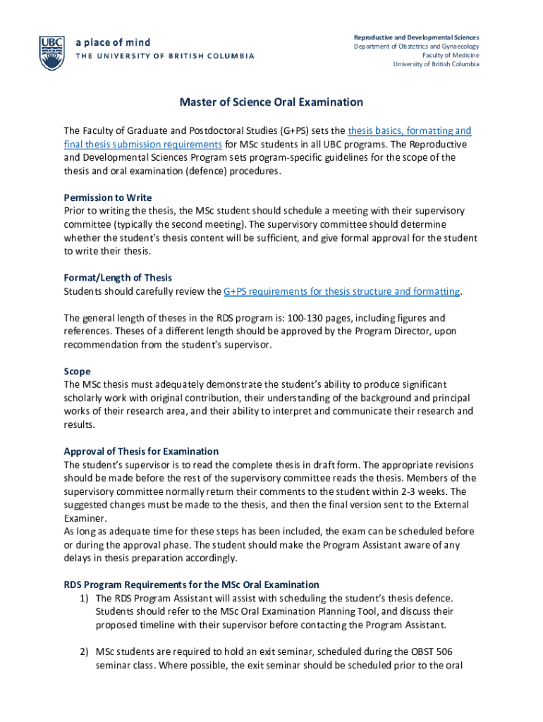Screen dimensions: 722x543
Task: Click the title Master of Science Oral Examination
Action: [271, 102]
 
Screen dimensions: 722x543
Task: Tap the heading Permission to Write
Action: [107, 197]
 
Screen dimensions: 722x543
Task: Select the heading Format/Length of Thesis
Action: [118, 278]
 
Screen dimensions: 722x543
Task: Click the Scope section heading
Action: [77, 371]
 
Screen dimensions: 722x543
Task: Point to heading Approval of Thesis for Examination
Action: [141, 451]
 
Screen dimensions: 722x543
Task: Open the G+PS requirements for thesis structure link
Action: [341, 291]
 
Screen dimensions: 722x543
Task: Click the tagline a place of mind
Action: [113, 43]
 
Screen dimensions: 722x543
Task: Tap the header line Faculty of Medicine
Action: [450, 55]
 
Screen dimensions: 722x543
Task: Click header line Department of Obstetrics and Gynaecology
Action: [416, 46]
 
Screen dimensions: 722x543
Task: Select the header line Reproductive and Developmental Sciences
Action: [416, 37]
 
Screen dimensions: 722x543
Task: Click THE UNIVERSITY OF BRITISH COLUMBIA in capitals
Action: [165, 57]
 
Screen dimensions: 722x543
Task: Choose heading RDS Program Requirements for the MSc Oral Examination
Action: [191, 585]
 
